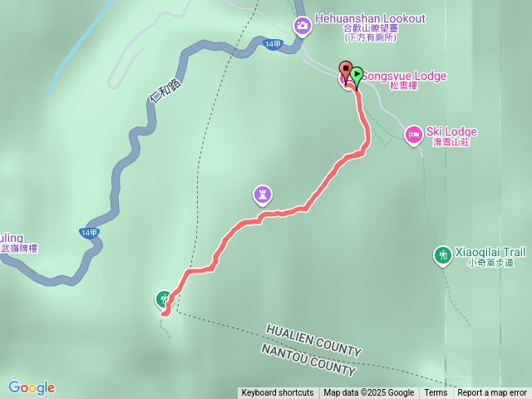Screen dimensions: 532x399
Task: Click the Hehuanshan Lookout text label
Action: (x=371, y=18)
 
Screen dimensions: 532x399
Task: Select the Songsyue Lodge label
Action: (x=406, y=76)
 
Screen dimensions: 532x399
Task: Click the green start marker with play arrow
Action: (x=357, y=75)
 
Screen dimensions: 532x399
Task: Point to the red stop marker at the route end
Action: (x=345, y=68)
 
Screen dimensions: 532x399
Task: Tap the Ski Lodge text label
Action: (x=451, y=131)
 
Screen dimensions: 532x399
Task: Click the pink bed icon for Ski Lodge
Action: (x=413, y=134)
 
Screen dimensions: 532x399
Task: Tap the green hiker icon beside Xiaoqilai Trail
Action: (x=442, y=254)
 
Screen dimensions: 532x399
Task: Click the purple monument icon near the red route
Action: (x=263, y=195)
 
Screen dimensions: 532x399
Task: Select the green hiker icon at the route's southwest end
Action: (x=164, y=298)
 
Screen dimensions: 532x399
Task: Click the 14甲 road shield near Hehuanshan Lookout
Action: (x=271, y=45)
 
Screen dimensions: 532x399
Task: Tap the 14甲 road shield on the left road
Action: (x=89, y=233)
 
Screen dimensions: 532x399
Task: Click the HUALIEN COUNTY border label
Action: (x=313, y=339)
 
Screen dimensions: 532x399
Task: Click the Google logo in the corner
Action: (x=32, y=387)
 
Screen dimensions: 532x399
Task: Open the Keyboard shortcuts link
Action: (x=278, y=393)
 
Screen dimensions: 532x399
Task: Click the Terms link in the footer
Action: (x=436, y=393)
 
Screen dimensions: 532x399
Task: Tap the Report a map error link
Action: (x=492, y=393)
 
